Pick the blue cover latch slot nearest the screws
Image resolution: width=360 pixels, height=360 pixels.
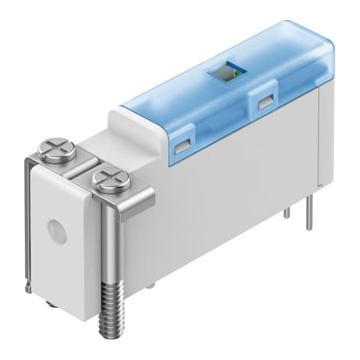[182, 143]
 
